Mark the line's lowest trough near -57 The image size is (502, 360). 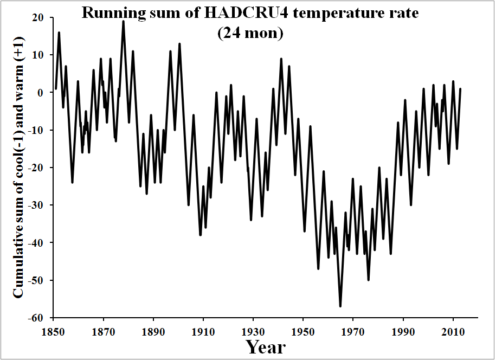(340, 306)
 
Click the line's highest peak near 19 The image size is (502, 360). (124, 21)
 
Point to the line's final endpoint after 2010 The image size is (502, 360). (460, 89)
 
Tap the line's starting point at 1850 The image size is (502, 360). (56, 89)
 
